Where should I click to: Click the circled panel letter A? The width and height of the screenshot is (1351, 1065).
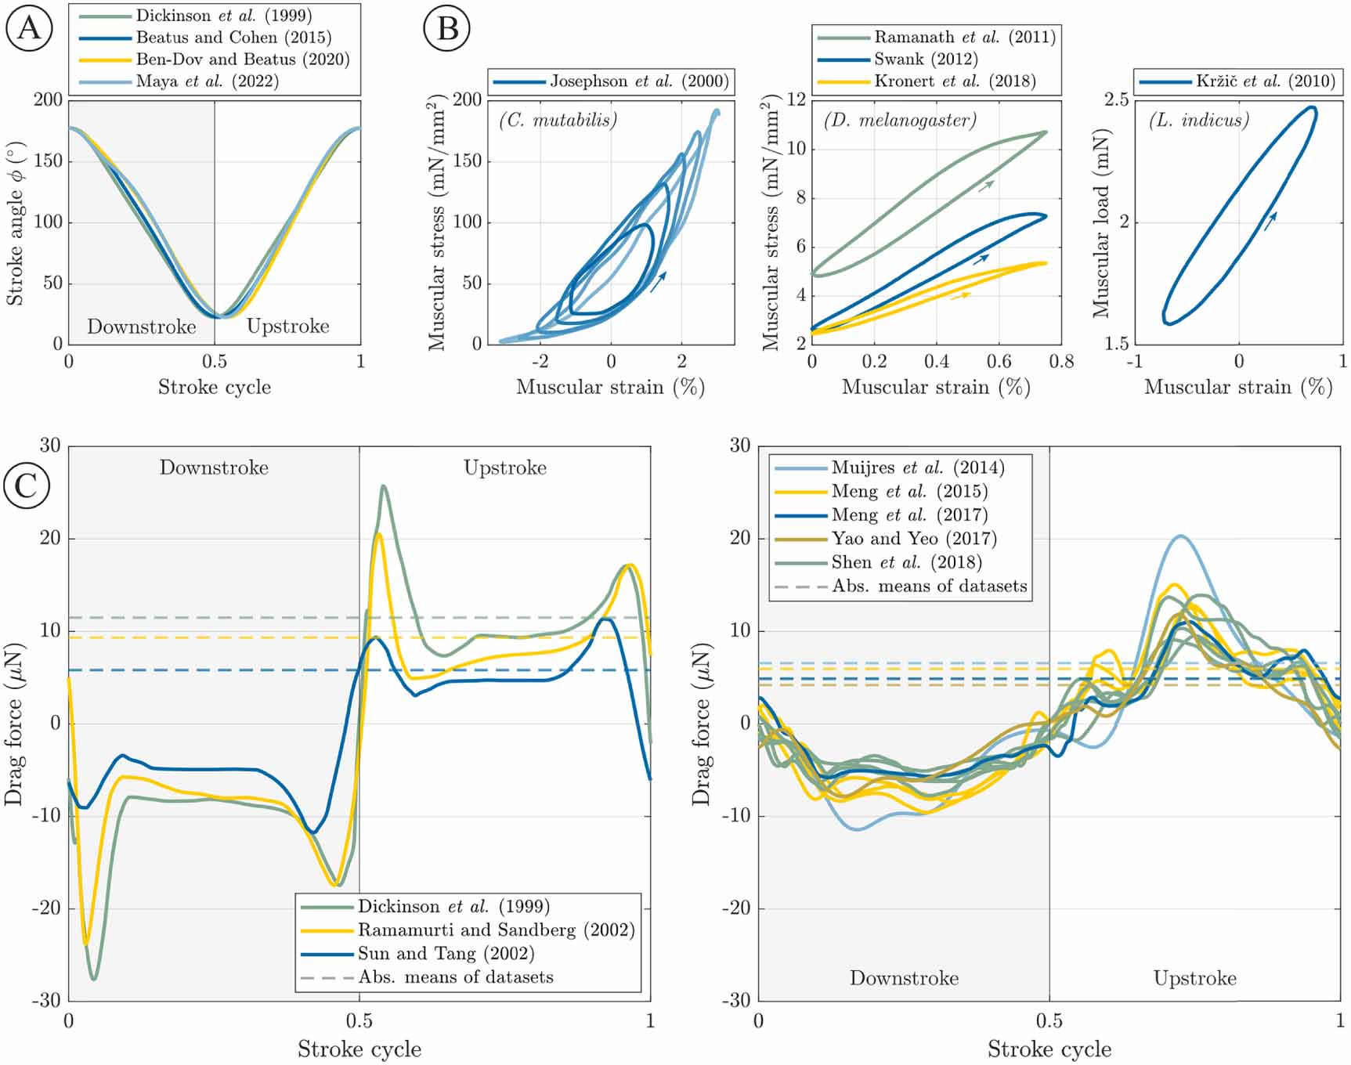click(x=29, y=28)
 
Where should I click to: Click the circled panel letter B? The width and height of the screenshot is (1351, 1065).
click(x=446, y=28)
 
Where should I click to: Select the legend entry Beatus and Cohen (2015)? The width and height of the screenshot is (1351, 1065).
click(x=233, y=38)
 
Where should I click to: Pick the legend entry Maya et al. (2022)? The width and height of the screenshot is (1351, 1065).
click(x=207, y=81)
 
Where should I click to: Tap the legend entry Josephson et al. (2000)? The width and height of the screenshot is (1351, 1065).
click(x=638, y=81)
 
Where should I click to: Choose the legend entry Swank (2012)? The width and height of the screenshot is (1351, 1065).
click(x=926, y=60)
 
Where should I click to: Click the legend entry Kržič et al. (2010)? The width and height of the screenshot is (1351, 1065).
click(x=1265, y=81)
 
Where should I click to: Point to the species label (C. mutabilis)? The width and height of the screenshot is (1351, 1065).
click(x=558, y=120)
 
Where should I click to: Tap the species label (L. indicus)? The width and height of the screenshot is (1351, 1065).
click(x=1198, y=120)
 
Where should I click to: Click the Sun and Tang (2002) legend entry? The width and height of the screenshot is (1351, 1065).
click(x=446, y=954)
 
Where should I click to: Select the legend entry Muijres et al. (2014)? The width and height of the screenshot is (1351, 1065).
click(x=917, y=468)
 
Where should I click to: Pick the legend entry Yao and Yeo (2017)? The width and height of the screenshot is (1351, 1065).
click(x=913, y=538)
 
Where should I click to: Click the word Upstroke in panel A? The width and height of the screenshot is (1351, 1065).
click(x=287, y=327)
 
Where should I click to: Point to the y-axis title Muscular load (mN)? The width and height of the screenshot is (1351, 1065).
click(x=1102, y=223)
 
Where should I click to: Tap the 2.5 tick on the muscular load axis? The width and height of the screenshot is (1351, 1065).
click(x=1117, y=99)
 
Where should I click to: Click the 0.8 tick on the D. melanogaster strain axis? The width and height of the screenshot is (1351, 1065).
click(x=1061, y=361)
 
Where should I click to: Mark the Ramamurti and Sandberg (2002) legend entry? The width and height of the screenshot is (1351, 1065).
click(x=496, y=930)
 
